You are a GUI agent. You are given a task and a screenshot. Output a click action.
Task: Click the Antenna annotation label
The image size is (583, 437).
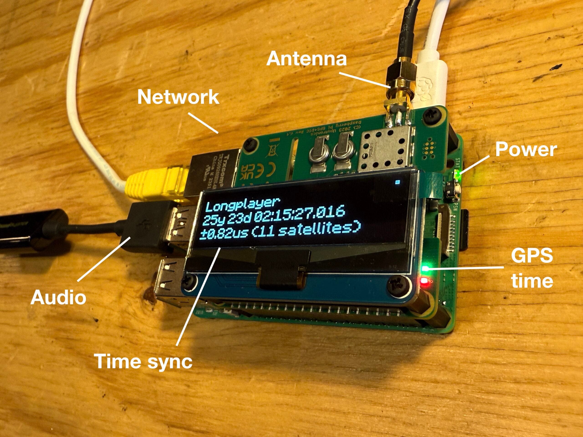(x=306, y=59)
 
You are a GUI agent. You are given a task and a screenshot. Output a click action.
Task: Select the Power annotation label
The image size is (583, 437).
(x=526, y=150)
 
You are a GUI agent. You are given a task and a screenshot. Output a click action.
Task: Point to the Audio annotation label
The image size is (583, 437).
(x=58, y=298)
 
